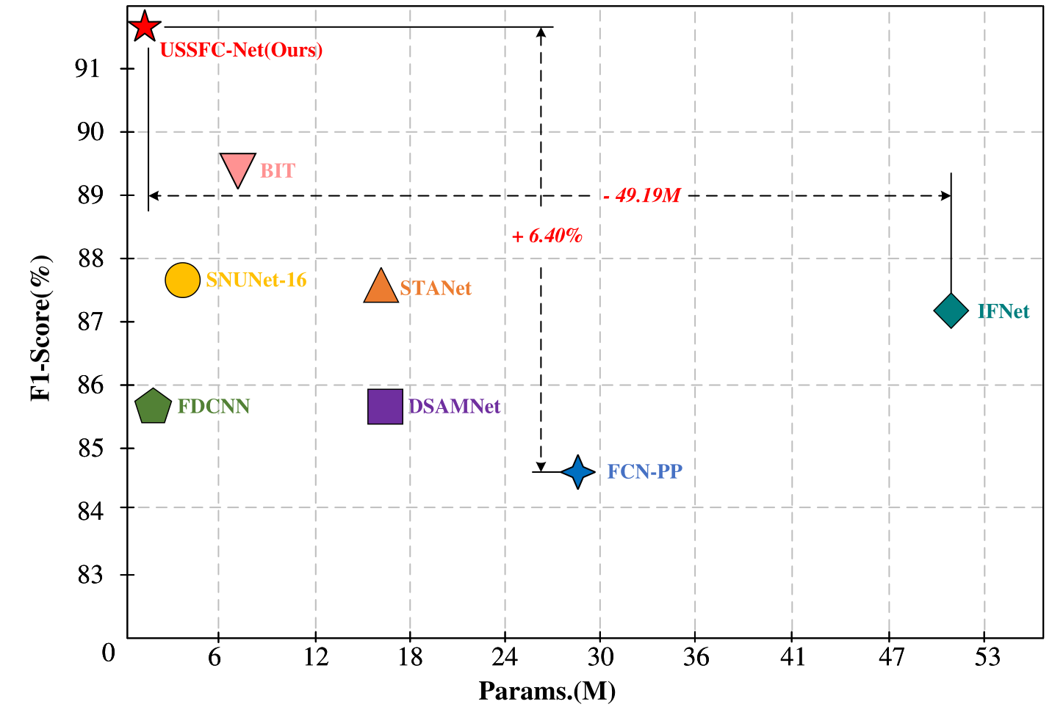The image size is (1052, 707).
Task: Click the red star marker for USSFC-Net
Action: [x=145, y=27]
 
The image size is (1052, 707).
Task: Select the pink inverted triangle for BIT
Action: [x=237, y=168]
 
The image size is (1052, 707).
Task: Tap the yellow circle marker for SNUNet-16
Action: [x=182, y=280]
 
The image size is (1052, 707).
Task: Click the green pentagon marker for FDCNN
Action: [x=153, y=407]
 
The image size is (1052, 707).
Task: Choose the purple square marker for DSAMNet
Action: [x=385, y=407]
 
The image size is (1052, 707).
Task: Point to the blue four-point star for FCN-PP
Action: [x=578, y=472]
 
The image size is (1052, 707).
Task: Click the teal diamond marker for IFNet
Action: [x=951, y=311]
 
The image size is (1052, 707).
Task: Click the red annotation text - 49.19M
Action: [x=642, y=195]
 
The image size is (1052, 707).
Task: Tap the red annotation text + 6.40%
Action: [x=547, y=236]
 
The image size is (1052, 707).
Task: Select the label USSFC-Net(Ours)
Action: [x=241, y=50]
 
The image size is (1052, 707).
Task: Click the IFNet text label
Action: [x=1003, y=311]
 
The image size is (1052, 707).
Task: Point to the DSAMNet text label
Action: [x=454, y=407]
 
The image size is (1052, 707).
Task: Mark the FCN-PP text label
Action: [x=644, y=471]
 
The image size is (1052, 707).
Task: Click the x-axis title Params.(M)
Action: [x=547, y=691]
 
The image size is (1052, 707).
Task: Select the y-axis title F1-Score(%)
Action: [x=41, y=327]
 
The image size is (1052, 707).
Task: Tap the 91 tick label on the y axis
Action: [x=87, y=69]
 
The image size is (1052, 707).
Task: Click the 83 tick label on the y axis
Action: [x=87, y=575]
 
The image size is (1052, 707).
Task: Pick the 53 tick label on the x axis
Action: [x=987, y=657]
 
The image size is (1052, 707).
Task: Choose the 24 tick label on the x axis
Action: [x=505, y=657]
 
